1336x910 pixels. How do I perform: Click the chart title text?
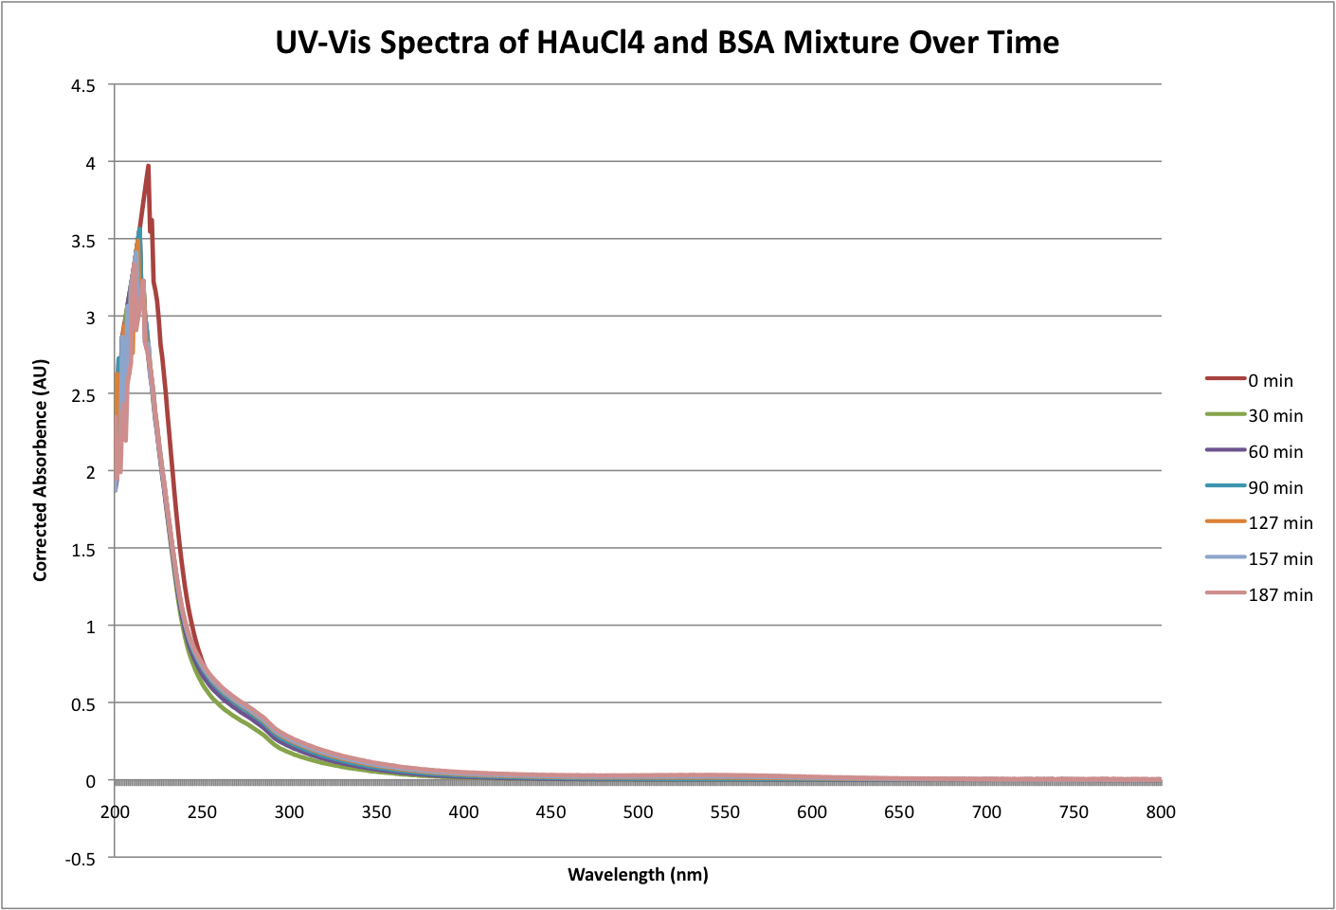click(667, 43)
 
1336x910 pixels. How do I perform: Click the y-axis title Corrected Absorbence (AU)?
click(40, 470)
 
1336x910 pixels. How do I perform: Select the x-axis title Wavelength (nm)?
click(638, 874)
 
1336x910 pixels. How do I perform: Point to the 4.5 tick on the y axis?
click(83, 85)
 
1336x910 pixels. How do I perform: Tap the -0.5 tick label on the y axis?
click(81, 859)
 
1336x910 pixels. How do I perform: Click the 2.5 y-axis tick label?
click(83, 394)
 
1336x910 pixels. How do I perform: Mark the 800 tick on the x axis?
click(1161, 812)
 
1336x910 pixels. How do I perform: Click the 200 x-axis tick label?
click(115, 812)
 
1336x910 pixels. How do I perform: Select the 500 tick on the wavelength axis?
click(638, 812)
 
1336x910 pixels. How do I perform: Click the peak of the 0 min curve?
click(149, 166)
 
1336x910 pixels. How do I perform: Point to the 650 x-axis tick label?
click(899, 812)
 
